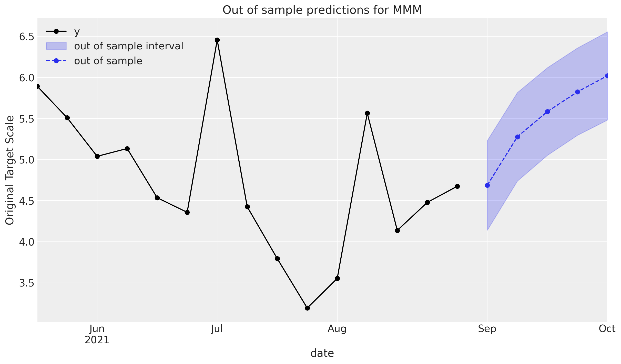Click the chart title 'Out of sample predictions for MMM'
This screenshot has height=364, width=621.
(322, 10)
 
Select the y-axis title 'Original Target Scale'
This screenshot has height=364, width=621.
(10, 170)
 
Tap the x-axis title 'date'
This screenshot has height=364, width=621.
(322, 353)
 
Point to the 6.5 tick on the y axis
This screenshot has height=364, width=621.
(27, 37)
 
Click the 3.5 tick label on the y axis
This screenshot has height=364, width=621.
(27, 283)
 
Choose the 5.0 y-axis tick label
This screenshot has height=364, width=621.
(27, 160)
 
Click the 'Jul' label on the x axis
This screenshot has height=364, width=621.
(217, 329)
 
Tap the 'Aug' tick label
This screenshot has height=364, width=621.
(337, 329)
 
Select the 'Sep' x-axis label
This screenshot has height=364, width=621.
(487, 329)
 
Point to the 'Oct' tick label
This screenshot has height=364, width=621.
(607, 329)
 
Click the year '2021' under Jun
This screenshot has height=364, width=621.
(97, 340)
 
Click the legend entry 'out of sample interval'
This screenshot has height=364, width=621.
(128, 46)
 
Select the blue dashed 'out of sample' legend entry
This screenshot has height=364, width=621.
(108, 61)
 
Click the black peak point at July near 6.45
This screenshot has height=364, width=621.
(217, 40)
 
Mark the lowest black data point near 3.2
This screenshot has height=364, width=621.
(307, 308)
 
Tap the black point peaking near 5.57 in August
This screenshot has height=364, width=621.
(367, 113)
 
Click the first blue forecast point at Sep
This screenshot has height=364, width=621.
(487, 185)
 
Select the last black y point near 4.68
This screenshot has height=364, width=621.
(457, 186)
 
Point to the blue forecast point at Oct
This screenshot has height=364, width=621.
(607, 76)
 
